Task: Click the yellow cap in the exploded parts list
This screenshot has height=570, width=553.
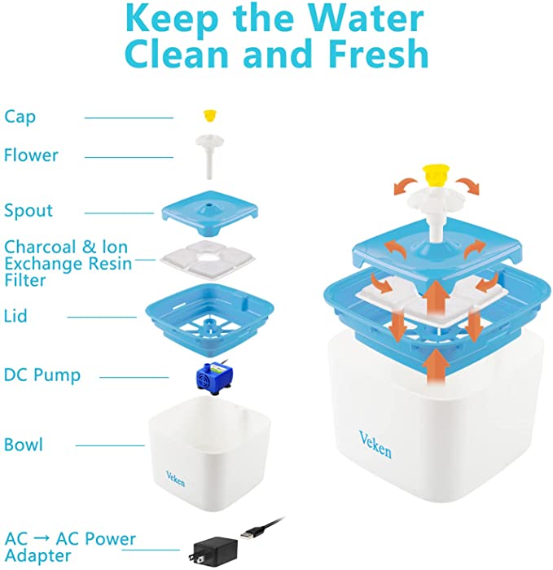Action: pos(208,116)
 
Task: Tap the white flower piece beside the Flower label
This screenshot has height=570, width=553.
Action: pos(209,156)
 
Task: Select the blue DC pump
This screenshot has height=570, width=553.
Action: pos(213,379)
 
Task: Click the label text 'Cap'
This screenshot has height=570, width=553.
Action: pos(20,117)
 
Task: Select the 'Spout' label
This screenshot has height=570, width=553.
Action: pos(29,210)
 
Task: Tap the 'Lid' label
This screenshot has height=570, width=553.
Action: pos(15,316)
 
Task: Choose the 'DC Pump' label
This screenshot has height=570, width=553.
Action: pos(42,375)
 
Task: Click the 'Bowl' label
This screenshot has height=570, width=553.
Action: pos(24,445)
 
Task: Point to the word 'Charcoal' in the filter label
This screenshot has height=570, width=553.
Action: pos(40,247)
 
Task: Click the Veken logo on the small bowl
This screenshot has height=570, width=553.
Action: pos(175,479)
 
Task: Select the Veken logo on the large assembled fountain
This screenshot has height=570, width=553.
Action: pos(375,445)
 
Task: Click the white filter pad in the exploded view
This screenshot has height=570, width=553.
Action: pos(207,260)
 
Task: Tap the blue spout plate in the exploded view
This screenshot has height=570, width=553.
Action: pos(210,213)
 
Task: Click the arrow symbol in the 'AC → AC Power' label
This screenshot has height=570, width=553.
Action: pos(42,539)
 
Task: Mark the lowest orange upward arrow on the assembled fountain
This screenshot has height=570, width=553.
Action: pos(436,366)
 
